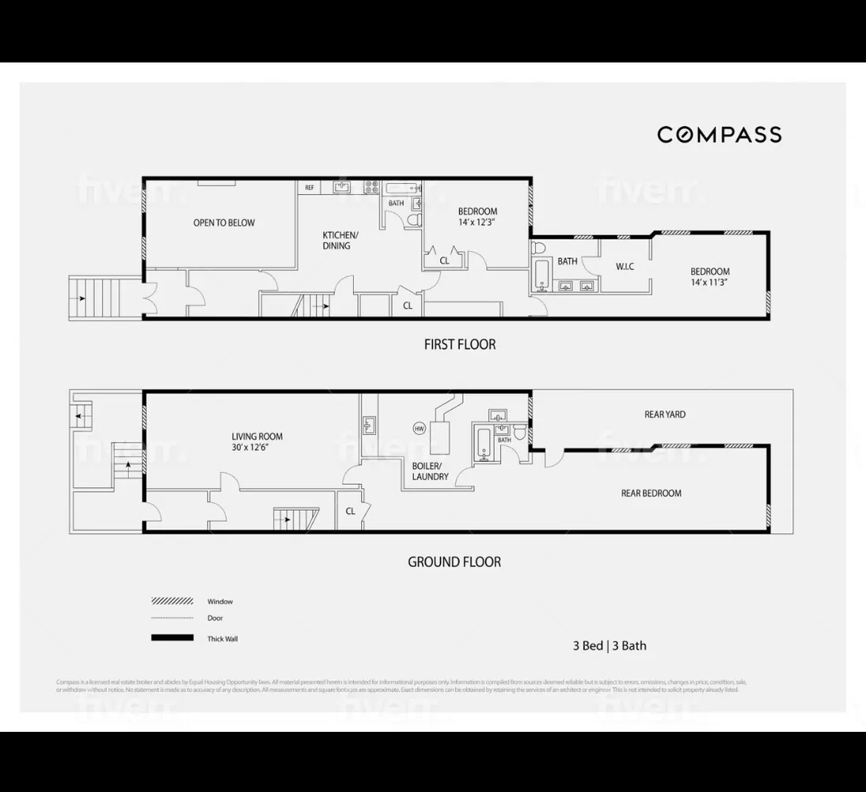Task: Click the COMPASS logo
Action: (x=720, y=135)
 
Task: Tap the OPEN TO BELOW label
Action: (x=224, y=223)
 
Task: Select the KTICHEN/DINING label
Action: (x=340, y=240)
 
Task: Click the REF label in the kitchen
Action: (x=310, y=188)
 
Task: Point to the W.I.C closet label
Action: (x=625, y=266)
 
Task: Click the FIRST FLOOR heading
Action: (x=459, y=345)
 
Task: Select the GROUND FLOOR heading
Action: (x=454, y=562)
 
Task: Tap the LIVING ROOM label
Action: (x=257, y=436)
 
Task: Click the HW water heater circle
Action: (x=419, y=428)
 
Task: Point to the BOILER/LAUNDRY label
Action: (x=431, y=471)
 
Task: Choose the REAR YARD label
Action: (x=665, y=414)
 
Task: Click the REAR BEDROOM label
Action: (x=651, y=493)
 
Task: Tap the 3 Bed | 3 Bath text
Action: (x=610, y=645)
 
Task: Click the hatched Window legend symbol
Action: (x=172, y=601)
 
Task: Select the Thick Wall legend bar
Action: (x=172, y=638)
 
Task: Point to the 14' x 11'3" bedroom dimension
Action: (x=709, y=282)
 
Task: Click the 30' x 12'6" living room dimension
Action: (x=257, y=447)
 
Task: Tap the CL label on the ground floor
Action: (x=351, y=512)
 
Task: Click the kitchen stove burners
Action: (x=371, y=188)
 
